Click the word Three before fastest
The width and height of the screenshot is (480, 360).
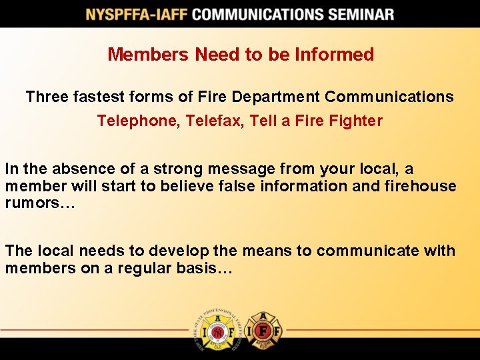coord(47,97)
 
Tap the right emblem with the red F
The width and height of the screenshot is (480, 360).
coord(263,330)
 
